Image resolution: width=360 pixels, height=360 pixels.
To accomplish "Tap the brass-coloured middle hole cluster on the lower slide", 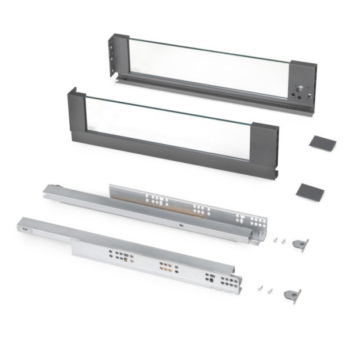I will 166,266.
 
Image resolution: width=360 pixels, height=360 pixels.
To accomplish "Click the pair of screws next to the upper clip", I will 277,241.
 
